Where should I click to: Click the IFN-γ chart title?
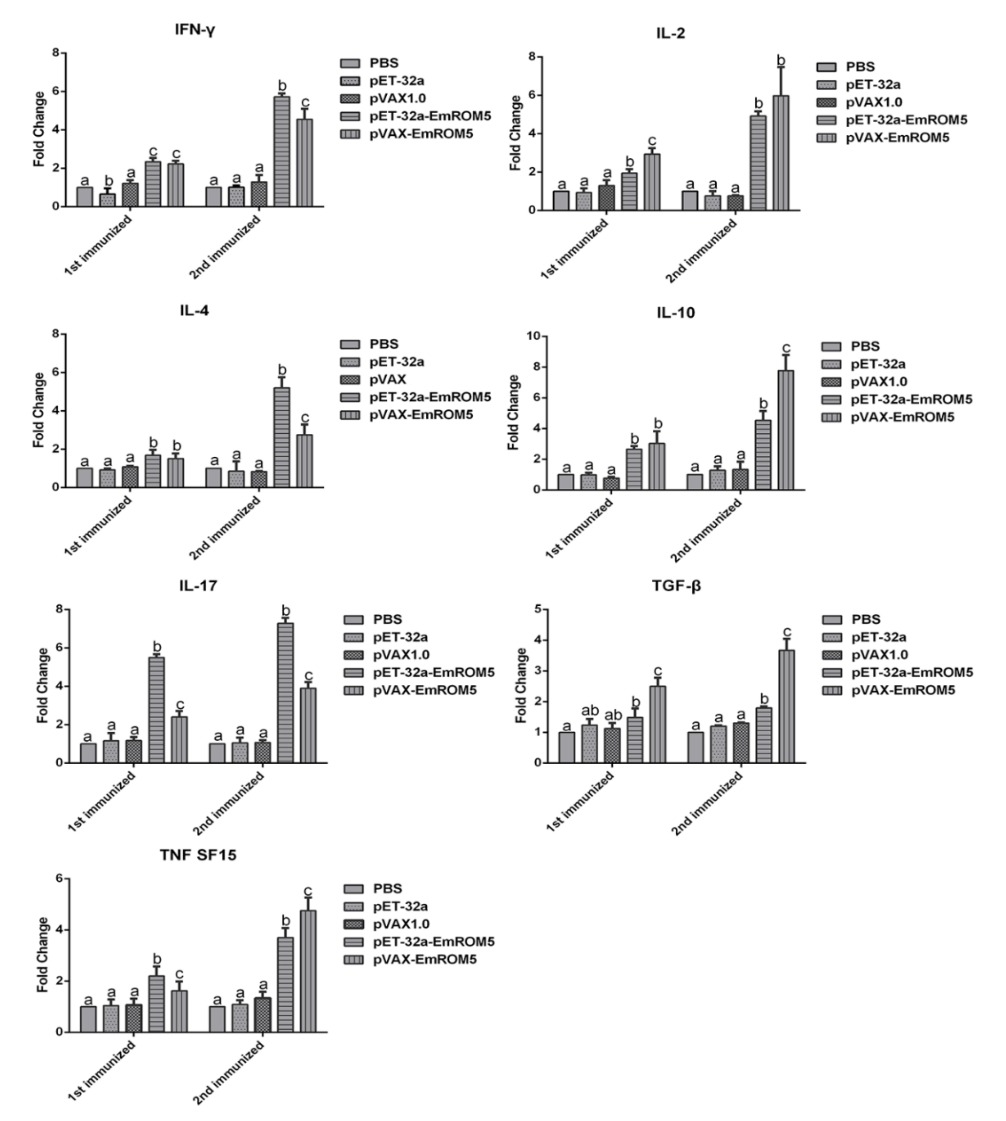[195, 30]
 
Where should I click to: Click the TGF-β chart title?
[676, 586]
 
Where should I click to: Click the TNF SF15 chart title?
[198, 855]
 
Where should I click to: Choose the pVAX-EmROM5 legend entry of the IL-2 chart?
[897, 138]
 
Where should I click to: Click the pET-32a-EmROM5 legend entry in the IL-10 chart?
[911, 399]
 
